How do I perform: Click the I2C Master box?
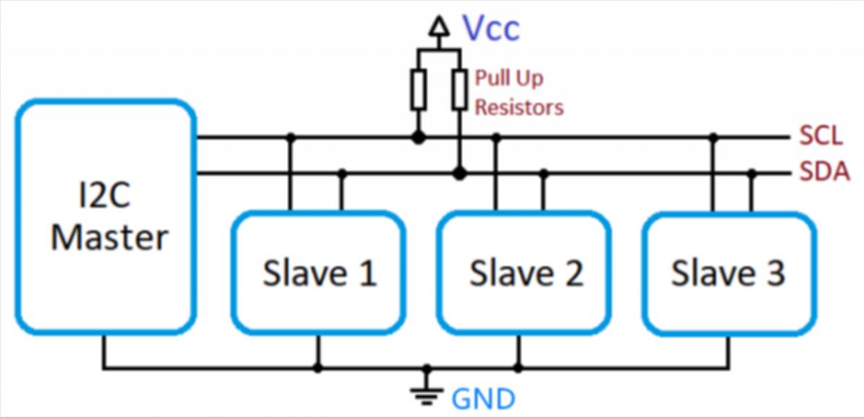coord(105,217)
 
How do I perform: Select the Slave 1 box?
coord(318,272)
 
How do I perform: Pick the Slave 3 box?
coord(729,272)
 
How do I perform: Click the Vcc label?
coord(491,29)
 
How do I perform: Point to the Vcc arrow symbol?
coord(438,27)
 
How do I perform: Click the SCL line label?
coord(821,136)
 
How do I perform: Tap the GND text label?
coord(483,398)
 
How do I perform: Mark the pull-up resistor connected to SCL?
coord(418,90)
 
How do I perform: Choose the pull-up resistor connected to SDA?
coord(459,90)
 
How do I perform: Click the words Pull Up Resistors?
coord(518,93)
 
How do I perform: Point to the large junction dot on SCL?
coord(418,136)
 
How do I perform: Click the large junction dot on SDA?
coord(459,173)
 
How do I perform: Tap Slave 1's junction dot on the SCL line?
coord(290,136)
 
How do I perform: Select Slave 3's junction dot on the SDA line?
coord(751,173)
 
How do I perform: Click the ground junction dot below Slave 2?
coord(518,367)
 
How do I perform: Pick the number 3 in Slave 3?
coord(775,273)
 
